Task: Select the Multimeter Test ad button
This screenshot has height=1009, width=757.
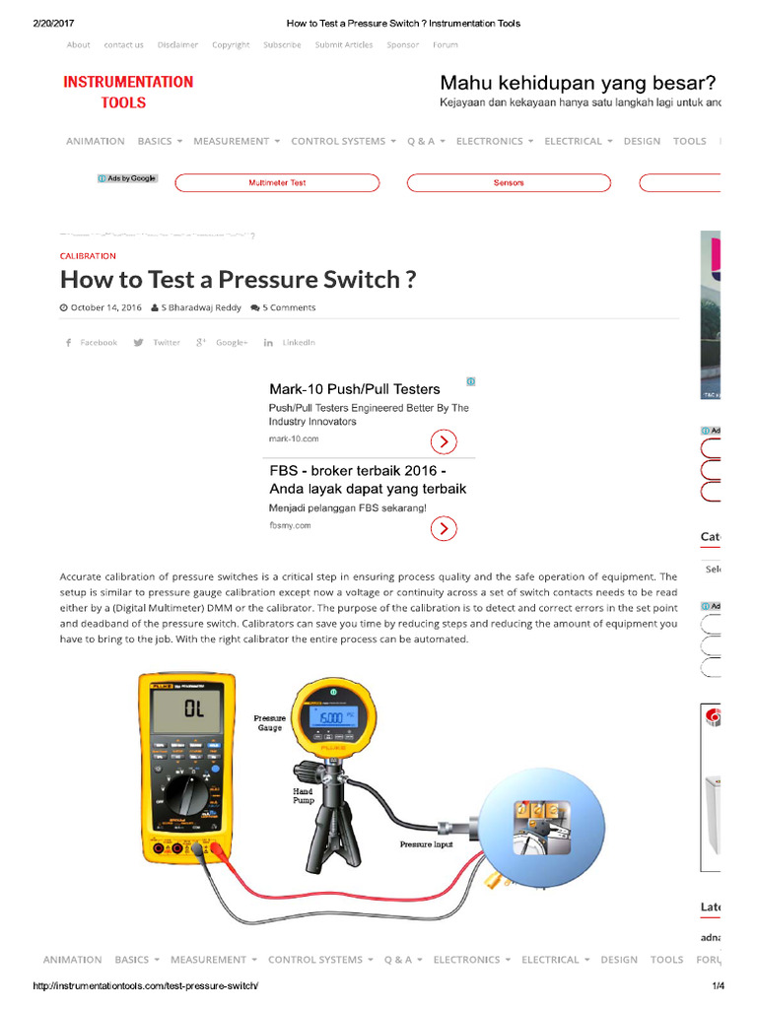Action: [x=277, y=183]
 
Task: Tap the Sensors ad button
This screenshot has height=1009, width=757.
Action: [x=509, y=183]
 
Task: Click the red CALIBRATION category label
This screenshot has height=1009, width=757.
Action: [x=88, y=256]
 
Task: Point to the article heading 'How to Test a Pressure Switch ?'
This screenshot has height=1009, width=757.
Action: [x=238, y=280]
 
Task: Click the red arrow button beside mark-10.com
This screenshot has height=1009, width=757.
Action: [x=444, y=441]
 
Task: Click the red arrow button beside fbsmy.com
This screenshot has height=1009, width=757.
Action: [x=444, y=529]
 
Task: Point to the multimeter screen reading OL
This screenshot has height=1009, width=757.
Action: [x=194, y=709]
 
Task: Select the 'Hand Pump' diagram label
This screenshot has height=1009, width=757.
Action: [x=303, y=796]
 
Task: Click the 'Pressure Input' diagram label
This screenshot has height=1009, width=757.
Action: [x=426, y=844]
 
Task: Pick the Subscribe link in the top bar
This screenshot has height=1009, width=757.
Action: [x=282, y=45]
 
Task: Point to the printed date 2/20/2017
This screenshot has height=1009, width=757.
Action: [x=51, y=23]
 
